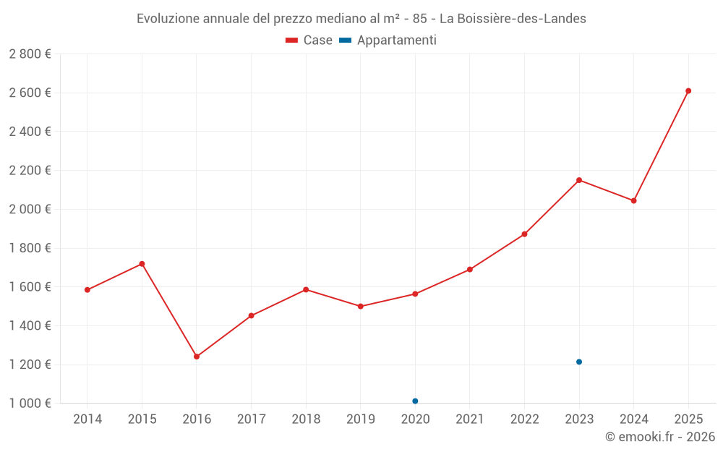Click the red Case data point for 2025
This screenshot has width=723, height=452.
(x=688, y=91)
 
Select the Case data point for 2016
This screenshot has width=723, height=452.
(x=197, y=357)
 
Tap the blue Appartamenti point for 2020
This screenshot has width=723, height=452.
(x=415, y=401)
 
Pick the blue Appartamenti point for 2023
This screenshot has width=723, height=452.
(x=579, y=362)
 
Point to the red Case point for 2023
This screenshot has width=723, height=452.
(x=579, y=180)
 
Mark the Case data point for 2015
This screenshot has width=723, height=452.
(x=142, y=264)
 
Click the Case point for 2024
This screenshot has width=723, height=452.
(x=634, y=200)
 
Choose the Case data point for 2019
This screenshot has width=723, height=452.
(x=361, y=307)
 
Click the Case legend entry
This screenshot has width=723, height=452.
(x=309, y=40)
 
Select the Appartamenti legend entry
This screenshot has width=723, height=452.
(x=388, y=40)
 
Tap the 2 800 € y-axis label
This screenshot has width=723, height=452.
(x=30, y=54)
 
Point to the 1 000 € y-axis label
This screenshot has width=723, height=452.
(x=30, y=404)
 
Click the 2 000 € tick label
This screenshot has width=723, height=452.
(x=30, y=210)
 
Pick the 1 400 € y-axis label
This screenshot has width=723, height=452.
(x=30, y=326)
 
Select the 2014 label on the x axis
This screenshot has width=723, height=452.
(x=87, y=419)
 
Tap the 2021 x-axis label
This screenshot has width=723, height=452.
(x=470, y=419)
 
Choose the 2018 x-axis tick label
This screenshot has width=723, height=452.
(x=306, y=419)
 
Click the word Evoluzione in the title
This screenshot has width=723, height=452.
(x=166, y=18)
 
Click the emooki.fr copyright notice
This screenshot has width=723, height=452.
(x=660, y=437)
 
